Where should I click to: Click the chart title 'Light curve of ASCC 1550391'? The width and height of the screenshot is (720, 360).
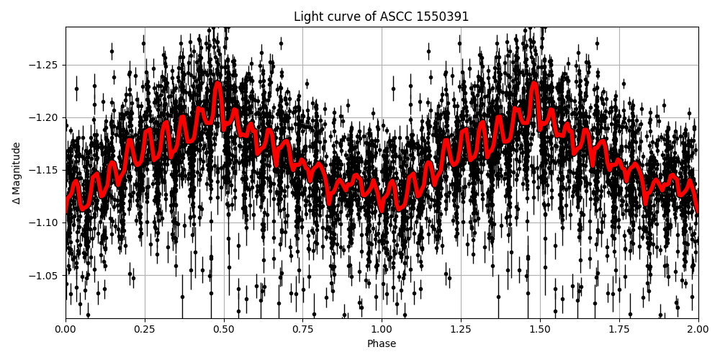[x=381, y=17]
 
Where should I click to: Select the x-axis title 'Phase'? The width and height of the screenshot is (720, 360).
[x=382, y=344]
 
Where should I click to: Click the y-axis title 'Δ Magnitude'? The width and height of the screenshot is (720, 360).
[x=17, y=173]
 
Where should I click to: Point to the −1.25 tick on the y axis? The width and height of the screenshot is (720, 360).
[x=45, y=65]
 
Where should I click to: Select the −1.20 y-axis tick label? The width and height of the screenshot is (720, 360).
[x=45, y=117]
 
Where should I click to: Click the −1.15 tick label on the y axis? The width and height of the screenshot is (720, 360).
[x=45, y=170]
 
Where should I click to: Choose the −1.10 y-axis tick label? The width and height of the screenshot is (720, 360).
[x=45, y=222]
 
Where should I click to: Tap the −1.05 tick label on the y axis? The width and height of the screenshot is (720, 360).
[x=45, y=275]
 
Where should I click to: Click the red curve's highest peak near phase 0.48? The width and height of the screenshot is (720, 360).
[x=217, y=84]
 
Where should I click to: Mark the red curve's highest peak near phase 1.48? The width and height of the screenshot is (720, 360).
[x=534, y=84]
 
